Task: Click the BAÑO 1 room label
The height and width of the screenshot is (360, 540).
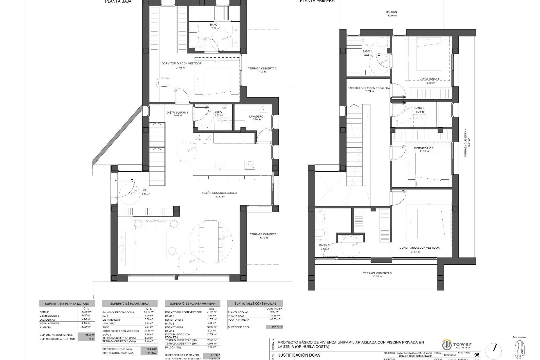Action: pyautogui.click(x=215, y=25)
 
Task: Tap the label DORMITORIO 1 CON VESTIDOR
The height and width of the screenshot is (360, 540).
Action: pyautogui.click(x=181, y=64)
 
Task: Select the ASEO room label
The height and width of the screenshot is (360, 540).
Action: pyautogui.click(x=218, y=112)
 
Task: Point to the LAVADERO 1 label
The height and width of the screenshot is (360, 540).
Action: pyautogui.click(x=257, y=116)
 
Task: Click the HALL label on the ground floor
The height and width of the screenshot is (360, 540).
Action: pyautogui.click(x=145, y=190)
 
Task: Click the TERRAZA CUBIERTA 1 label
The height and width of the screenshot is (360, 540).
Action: pyautogui.click(x=264, y=234)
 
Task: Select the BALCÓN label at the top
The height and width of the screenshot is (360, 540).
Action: pyautogui.click(x=391, y=12)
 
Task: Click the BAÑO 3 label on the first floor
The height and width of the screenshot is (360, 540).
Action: pyautogui.click(x=419, y=108)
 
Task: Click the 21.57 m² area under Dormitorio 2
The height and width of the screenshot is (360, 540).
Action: pyautogui.click(x=415, y=252)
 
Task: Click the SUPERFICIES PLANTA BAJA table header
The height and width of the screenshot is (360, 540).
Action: pyautogui.click(x=130, y=303)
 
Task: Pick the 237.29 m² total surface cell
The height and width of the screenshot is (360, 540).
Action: pyautogui.click(x=274, y=327)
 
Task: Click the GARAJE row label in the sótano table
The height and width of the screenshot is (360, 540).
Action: pyautogui.click(x=44, y=312)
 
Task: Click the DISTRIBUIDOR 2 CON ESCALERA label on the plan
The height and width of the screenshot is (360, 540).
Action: pyautogui.click(x=368, y=88)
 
